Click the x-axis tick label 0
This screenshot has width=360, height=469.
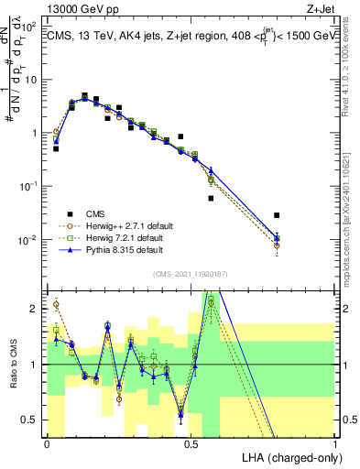48,442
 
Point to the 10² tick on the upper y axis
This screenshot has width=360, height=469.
29,26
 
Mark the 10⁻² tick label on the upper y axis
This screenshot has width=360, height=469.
29,240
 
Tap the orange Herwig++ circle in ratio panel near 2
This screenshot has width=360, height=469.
56,305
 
